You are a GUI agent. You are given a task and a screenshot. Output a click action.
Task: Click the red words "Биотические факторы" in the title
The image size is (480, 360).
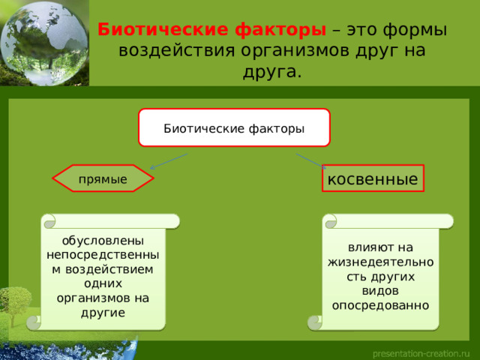click(x=211, y=31)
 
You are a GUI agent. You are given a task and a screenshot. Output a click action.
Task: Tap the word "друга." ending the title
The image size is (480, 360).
click(x=272, y=72)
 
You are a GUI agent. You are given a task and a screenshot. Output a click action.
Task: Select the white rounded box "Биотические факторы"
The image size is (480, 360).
click(x=234, y=128)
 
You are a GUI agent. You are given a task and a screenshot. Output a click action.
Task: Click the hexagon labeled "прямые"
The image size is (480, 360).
click(x=103, y=179)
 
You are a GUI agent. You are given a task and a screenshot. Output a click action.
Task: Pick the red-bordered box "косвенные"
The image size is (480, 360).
click(x=373, y=178)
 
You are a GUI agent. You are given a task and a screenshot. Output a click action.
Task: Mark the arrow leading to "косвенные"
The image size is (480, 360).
click(x=310, y=160)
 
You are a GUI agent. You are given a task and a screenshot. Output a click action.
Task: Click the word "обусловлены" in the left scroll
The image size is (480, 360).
click(x=103, y=241)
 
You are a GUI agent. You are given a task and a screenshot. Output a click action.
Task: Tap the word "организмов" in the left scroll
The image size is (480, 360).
click(x=103, y=298)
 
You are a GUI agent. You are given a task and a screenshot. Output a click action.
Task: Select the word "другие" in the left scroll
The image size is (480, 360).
click(x=103, y=312)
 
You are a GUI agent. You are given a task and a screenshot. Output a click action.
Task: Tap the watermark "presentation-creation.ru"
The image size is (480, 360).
click(x=421, y=352)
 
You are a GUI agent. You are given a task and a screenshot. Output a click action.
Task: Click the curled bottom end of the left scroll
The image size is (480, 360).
click(x=34, y=322)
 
